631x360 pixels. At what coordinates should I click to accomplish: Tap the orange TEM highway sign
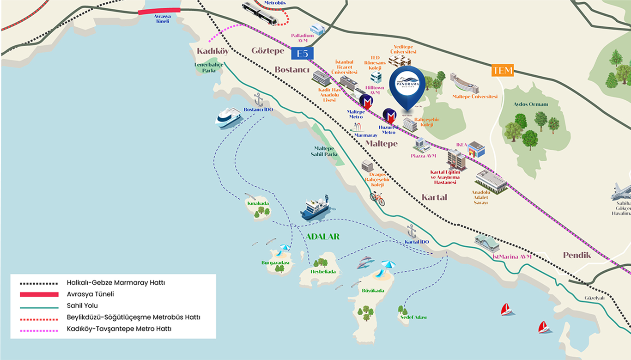point(502,71)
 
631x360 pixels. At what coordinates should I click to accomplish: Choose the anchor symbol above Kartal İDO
point(411,231)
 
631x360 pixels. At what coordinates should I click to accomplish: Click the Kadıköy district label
point(212,51)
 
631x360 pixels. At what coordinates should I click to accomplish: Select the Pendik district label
point(577,255)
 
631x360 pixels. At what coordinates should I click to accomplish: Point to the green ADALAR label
point(322,237)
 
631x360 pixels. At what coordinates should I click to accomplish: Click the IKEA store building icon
point(476,149)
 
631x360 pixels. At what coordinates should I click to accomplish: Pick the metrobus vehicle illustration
point(260,14)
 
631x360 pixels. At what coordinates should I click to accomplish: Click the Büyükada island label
point(373,291)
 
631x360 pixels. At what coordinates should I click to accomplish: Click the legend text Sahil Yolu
point(82,305)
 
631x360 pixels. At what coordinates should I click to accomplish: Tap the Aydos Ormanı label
point(530,104)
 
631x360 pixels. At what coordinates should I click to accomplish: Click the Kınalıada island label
point(258,203)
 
